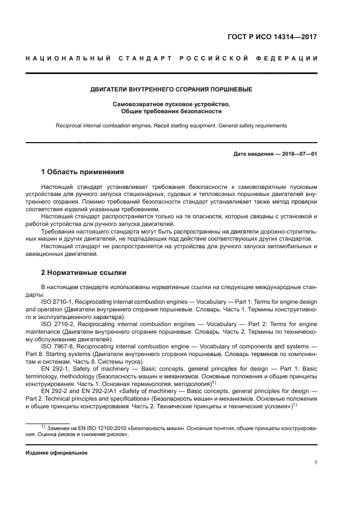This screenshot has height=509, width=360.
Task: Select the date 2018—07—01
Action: (298, 154)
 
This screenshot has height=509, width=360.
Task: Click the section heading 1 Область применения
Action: (82, 172)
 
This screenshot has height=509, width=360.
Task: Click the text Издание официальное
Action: (57, 453)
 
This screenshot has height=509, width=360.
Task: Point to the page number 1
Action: (315, 463)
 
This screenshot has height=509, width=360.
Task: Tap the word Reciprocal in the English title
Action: (69, 125)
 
